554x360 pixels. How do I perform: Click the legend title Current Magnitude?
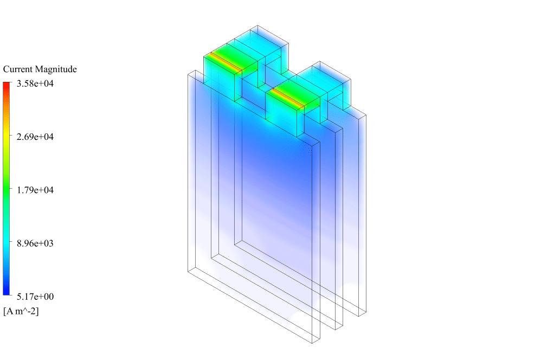40,69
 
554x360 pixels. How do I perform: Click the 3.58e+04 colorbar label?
35,83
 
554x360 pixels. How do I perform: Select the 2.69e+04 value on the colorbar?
35,137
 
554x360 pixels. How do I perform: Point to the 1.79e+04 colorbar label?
35,190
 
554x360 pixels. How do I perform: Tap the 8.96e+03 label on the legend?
35,243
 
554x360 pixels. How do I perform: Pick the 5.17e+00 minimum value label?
35,297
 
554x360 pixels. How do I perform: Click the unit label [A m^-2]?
21,311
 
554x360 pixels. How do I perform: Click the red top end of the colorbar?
7,85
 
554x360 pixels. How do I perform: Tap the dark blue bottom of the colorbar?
7,292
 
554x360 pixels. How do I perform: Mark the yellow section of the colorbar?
7,137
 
